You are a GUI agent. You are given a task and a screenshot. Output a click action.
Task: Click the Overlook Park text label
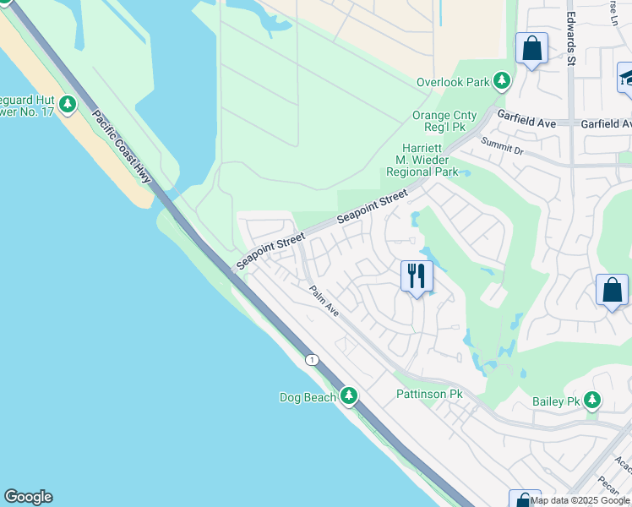(453, 82)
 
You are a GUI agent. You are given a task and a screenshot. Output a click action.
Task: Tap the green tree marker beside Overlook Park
(503, 81)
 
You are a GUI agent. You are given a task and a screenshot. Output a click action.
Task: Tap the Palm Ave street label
(324, 301)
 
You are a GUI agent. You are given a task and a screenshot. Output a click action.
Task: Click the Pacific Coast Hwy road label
(122, 147)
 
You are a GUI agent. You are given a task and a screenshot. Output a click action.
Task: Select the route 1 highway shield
(313, 359)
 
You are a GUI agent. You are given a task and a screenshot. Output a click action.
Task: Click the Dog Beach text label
(308, 397)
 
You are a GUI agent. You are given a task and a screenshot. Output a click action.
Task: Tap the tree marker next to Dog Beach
(349, 395)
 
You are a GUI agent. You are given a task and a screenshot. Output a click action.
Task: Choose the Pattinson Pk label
(429, 395)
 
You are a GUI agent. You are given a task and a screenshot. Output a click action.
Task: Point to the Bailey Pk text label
(554, 401)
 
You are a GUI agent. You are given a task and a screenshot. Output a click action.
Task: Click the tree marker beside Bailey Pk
(593, 399)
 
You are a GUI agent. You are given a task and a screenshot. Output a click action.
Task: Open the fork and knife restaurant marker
(417, 275)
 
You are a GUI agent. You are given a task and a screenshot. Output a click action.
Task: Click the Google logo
(28, 497)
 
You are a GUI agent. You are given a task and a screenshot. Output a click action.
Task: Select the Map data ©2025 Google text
(580, 500)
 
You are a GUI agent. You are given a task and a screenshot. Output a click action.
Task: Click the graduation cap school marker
(626, 79)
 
